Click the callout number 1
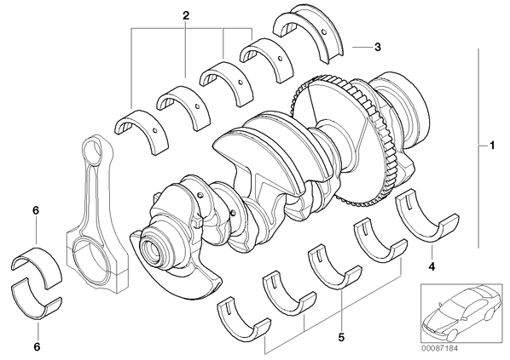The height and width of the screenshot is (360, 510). tap(492, 145)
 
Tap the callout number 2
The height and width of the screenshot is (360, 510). tap(186, 15)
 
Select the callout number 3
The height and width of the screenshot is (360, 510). tap(377, 47)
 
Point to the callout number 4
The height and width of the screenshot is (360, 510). tap(432, 267)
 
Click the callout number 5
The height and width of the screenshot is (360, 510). tap(341, 338)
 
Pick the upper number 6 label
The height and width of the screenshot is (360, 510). tap(36, 211)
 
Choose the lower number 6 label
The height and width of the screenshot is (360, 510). tap(37, 347)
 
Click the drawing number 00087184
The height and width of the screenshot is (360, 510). tap(440, 348)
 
